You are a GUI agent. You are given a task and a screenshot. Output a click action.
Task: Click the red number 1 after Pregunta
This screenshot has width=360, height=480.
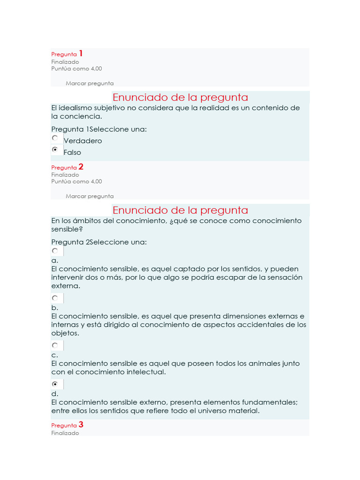81,53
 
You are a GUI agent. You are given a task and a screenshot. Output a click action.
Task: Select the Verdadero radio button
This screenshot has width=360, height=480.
55,138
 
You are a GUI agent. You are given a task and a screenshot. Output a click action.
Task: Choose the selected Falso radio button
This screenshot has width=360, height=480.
55,150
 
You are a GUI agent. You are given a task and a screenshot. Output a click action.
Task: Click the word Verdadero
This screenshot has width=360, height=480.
82,141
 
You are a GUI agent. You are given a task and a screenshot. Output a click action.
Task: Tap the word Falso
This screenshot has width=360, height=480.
72,152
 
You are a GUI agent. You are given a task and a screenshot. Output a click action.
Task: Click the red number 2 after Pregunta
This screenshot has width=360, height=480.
81,166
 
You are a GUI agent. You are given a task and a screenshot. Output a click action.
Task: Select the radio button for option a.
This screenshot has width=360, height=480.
55,251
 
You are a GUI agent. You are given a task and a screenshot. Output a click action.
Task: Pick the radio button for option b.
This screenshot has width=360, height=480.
55,298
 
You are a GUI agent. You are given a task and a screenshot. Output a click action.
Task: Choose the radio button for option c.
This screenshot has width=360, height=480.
55,345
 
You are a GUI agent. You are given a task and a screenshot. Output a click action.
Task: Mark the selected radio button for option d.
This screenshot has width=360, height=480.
55,384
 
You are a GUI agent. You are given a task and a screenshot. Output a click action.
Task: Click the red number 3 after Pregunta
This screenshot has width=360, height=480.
81,425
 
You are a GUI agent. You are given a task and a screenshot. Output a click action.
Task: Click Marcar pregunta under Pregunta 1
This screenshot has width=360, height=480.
90,83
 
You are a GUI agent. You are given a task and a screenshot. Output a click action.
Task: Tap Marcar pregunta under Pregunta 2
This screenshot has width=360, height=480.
90,196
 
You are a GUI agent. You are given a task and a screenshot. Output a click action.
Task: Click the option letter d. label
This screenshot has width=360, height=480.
55,394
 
